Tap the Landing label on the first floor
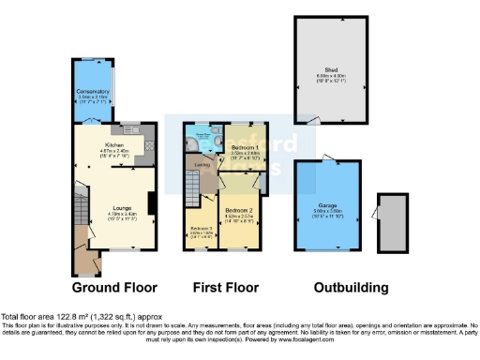(x=201, y=165)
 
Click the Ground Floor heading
(x=114, y=287)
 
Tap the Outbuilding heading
(x=349, y=287)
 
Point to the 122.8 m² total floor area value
(x=68, y=316)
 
